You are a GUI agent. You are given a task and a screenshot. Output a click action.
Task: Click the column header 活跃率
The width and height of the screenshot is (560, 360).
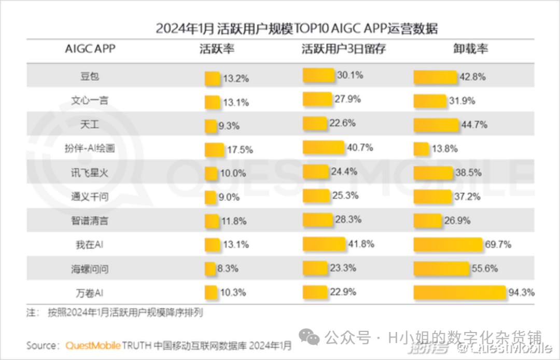tap(217, 49)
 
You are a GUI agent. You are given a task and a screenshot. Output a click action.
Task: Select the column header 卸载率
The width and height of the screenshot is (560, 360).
tap(470, 49)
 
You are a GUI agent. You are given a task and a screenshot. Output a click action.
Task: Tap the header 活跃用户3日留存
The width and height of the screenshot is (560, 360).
tap(344, 49)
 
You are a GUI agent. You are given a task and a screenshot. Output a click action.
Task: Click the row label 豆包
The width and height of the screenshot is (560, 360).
tap(90, 76)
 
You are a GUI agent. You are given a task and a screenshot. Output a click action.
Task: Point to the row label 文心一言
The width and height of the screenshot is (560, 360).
tap(90, 101)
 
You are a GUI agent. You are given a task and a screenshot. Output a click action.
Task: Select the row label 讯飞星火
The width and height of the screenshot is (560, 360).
tap(90, 172)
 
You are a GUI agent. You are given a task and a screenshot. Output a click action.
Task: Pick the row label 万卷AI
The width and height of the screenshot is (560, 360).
tap(90, 293)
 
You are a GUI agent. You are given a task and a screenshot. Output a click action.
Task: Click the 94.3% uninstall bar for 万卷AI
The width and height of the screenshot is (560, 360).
tap(459, 293)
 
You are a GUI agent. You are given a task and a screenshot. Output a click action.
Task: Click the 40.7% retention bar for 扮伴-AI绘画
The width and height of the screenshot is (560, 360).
tap(323, 147)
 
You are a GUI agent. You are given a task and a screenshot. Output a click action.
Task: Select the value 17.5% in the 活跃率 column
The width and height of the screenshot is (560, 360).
tap(240, 150)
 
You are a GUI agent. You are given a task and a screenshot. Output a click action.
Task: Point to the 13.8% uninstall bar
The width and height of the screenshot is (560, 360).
tap(421, 149)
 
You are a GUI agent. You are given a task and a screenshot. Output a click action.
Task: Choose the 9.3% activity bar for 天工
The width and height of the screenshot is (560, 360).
tap(210, 126)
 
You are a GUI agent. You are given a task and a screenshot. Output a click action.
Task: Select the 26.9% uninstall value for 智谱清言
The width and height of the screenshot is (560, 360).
tap(457, 220)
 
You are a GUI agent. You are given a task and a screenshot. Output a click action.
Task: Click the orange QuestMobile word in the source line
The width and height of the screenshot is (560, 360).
tap(93, 345)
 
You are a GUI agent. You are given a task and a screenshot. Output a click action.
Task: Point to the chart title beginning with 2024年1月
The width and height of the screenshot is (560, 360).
tap(297, 28)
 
